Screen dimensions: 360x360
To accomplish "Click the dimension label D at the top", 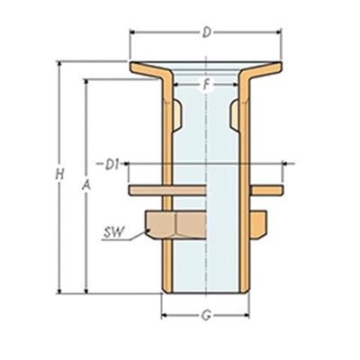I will tap(206, 33).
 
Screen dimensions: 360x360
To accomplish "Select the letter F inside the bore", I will tap(206, 86).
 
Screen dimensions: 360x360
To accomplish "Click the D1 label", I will tap(112, 164).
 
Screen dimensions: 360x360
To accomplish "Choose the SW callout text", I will tap(113, 232).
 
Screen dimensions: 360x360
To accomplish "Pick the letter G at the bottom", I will tap(206, 316).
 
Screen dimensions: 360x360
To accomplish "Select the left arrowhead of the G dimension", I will tap(165, 316).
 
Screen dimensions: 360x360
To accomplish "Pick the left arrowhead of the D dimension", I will tap(134, 33).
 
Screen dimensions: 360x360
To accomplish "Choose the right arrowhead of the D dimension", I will tap(279, 33).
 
